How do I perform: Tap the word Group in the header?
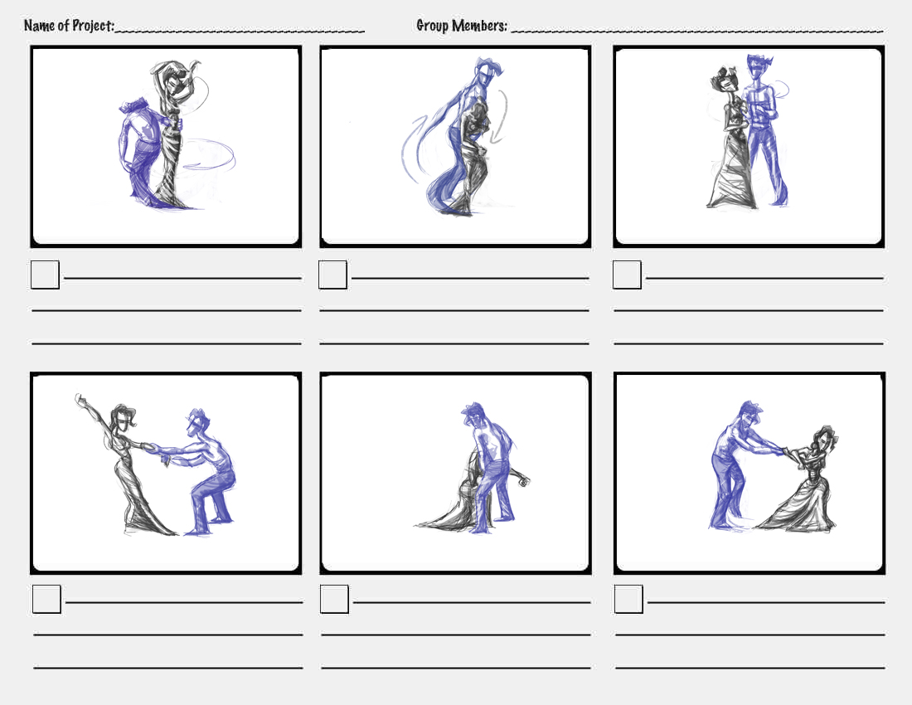pos(433,26)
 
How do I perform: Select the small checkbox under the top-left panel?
pos(45,275)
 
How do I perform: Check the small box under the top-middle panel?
pos(332,275)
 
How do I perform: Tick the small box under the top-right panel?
pos(627,275)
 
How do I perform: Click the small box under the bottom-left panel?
pos(46,599)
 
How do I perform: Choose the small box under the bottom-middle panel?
pos(334,599)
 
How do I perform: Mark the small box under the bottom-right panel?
pos(628,599)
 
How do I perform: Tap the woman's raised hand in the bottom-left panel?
pos(80,400)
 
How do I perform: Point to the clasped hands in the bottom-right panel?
pos(784,451)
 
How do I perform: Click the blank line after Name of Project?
pos(240,30)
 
